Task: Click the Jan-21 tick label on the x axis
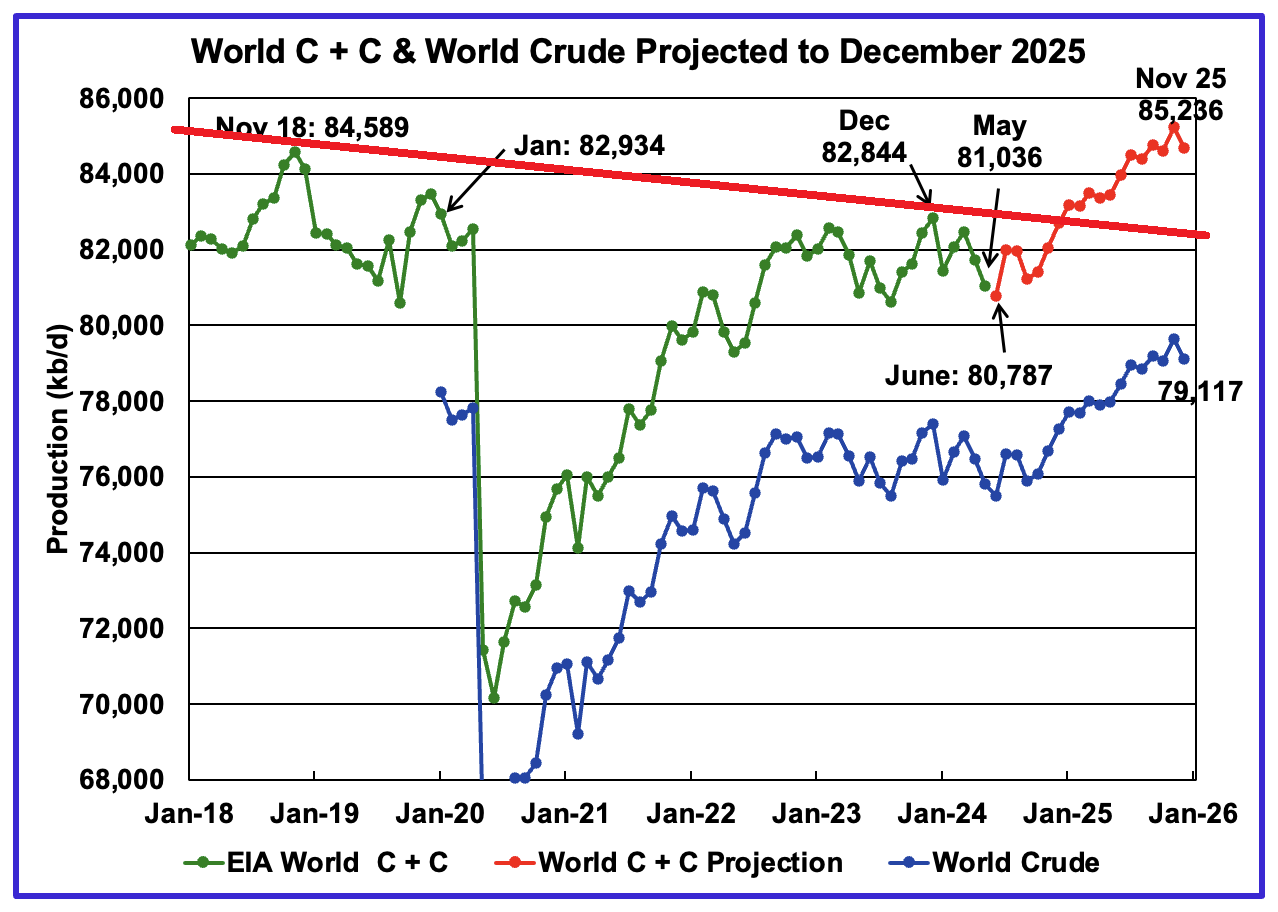565,813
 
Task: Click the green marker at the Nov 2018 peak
294,152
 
